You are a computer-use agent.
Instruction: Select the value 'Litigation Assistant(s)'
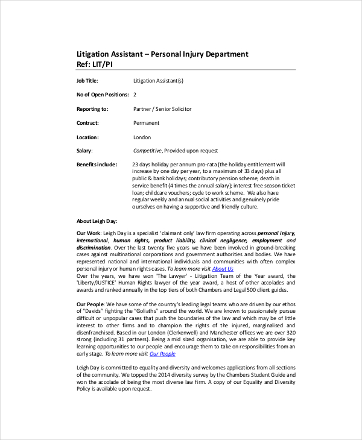158,81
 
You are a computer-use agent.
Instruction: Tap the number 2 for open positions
135,95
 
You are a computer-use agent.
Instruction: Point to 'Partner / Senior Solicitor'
162,109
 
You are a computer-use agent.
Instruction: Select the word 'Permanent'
146,123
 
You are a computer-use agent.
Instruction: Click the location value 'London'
142,137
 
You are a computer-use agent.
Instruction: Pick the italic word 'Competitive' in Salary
147,151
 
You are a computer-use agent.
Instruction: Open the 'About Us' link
223,268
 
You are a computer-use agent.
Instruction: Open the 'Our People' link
162,354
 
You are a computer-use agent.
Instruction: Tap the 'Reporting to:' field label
92,109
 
